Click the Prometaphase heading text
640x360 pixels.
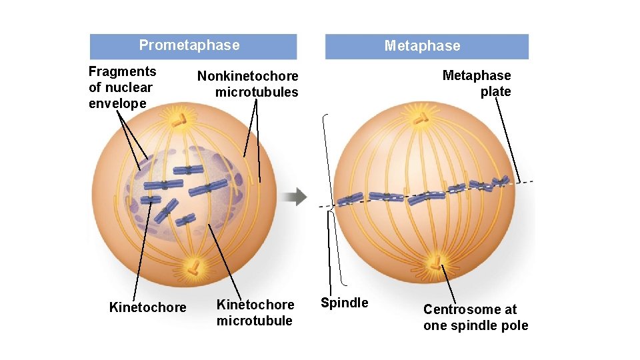(189, 45)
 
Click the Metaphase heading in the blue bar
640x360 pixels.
(422, 46)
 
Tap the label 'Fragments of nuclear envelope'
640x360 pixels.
(123, 87)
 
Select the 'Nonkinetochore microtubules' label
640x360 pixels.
(248, 84)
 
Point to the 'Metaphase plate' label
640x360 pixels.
(477, 83)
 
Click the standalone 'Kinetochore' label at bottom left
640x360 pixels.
(147, 307)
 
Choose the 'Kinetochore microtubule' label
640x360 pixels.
(255, 313)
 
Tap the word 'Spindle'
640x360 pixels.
(344, 303)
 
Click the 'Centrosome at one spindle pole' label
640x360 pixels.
(475, 317)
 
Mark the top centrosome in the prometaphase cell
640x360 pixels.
(179, 119)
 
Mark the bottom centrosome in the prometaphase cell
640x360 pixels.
(193, 267)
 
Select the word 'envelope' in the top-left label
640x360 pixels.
(117, 103)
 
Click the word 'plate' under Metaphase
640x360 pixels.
(495, 91)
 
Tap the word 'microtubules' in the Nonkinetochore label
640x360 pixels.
(257, 92)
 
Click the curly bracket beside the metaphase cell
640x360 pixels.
(330, 200)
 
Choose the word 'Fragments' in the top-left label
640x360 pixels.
(123, 71)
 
